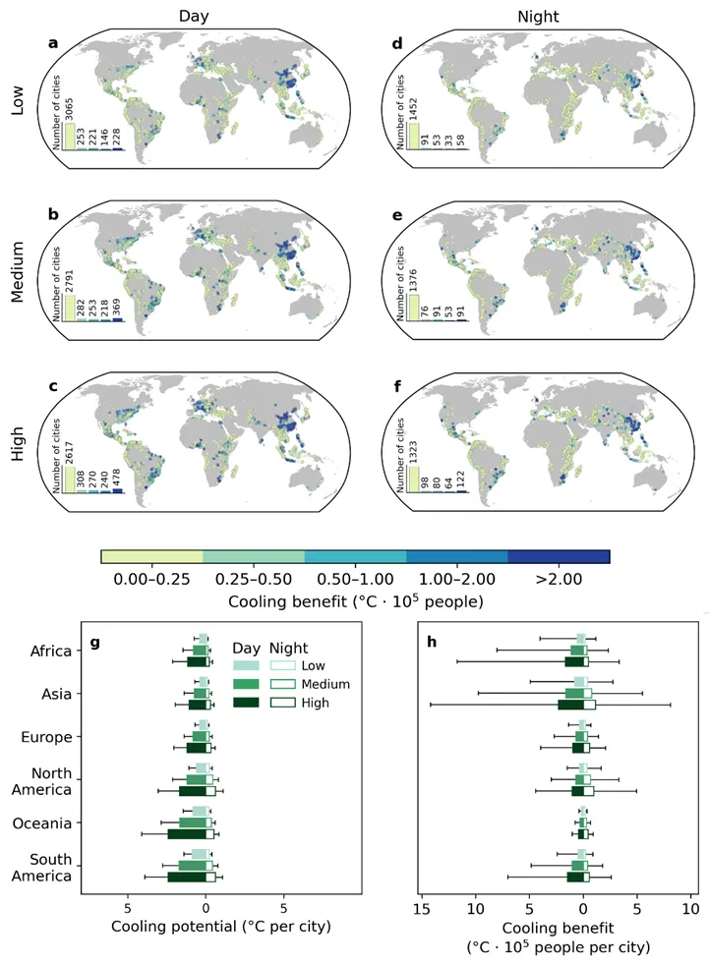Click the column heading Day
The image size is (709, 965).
click(x=194, y=16)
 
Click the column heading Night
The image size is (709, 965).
click(x=538, y=16)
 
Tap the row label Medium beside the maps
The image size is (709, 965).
click(x=18, y=271)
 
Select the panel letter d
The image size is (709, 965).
click(x=397, y=43)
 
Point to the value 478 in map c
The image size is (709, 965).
click(x=117, y=479)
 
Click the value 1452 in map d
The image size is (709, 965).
click(x=414, y=109)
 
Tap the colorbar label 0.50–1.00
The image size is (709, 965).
click(x=355, y=579)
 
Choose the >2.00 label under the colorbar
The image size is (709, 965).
click(x=559, y=579)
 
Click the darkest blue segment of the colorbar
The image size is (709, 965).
click(x=559, y=557)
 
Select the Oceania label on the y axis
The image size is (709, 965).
click(x=42, y=823)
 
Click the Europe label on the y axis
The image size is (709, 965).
click(x=46, y=737)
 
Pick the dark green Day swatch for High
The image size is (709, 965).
click(x=246, y=703)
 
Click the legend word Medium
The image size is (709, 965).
click(x=325, y=684)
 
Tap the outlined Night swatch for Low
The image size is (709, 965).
click(x=283, y=665)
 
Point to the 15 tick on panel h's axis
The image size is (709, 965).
click(x=422, y=908)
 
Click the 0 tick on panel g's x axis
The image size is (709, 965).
click(x=206, y=908)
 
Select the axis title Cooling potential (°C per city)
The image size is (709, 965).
click(x=221, y=927)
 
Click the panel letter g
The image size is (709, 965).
click(x=94, y=643)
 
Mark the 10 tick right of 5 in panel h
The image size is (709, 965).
click(x=691, y=908)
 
